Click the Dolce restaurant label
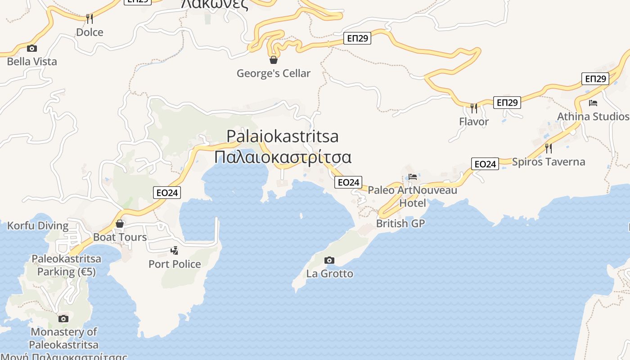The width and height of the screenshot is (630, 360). click(90, 32)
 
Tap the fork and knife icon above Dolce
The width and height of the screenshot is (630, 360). click(90, 18)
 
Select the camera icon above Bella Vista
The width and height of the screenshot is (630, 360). click(31, 48)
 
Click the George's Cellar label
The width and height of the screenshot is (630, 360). click(274, 73)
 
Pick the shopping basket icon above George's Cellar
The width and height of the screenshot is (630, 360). click(273, 60)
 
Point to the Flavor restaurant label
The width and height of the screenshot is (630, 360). click(474, 121)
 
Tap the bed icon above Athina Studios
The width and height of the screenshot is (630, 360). click(593, 103)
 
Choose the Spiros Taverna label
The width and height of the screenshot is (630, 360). click(549, 162)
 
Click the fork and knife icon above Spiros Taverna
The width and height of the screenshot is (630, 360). click(548, 148)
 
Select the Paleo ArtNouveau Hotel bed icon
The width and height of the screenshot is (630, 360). click(413, 176)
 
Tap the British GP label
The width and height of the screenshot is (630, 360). click(400, 224)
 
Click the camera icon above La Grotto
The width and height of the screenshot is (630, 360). click(329, 260)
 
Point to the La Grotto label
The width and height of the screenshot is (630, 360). click(330, 274)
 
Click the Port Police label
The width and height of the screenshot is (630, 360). click(175, 264)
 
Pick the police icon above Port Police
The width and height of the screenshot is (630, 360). click(175, 250)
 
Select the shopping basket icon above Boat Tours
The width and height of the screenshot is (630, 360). click(120, 224)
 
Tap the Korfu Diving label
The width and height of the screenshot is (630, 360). click(38, 226)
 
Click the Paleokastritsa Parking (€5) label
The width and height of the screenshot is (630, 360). click(66, 265)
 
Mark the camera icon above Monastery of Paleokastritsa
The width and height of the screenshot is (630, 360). click(63, 319)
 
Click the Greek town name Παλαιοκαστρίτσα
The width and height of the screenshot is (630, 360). click(283, 157)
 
